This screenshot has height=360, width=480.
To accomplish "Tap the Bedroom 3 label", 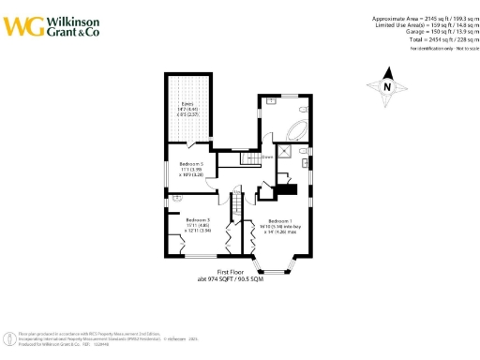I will pos(198,224).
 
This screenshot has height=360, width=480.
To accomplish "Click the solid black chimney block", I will pos(288,190).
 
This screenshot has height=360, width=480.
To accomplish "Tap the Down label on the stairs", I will pos(267,157).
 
